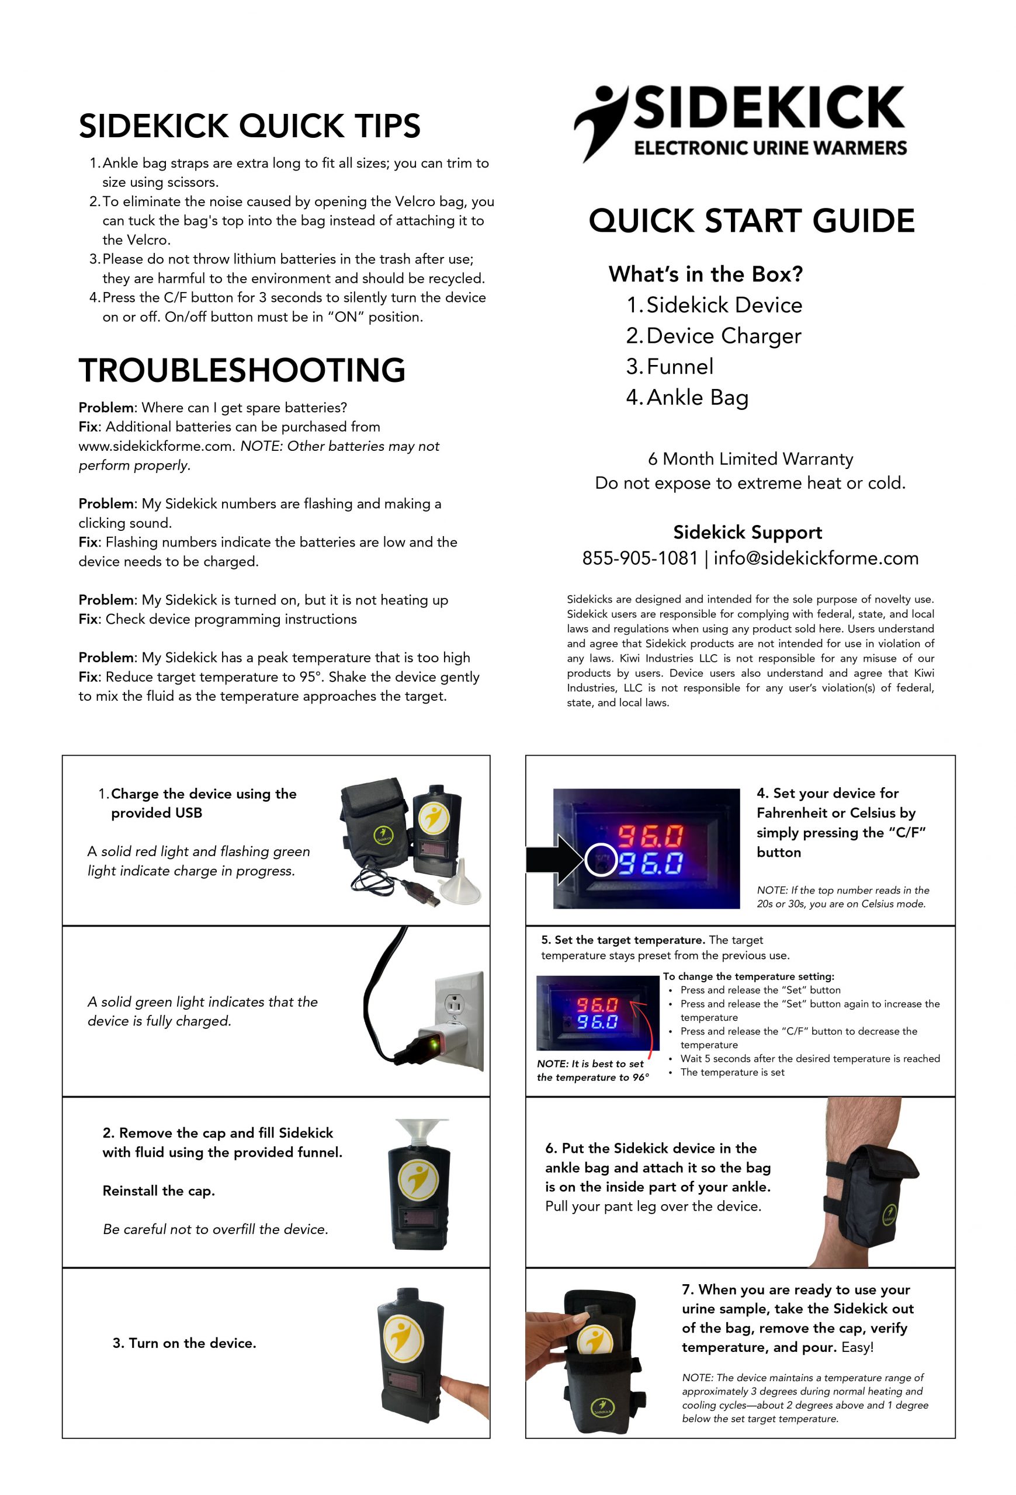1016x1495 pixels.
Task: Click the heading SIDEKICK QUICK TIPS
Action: (249, 126)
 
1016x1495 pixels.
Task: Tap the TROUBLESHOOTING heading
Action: (242, 370)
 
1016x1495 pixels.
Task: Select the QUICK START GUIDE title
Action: (751, 221)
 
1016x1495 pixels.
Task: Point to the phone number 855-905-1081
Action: (640, 558)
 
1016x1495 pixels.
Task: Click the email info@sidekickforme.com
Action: (815, 558)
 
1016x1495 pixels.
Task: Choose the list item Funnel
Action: (679, 367)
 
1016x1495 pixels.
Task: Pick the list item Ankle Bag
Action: (697, 398)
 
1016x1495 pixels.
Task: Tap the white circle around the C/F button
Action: (601, 860)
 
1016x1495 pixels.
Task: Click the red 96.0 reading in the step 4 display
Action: (650, 836)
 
